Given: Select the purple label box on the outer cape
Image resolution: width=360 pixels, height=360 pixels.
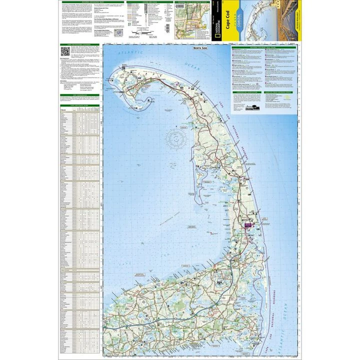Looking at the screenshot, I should pyautogui.click(x=249, y=225).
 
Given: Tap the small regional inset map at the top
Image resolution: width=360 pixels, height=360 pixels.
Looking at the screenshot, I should pyautogui.click(x=188, y=22).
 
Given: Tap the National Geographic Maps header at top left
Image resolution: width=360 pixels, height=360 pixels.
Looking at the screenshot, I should pyautogui.click(x=80, y=2).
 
